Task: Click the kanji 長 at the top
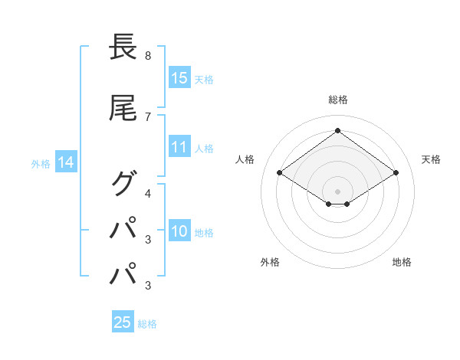point(123,47)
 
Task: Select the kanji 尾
point(123,108)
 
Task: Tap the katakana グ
point(123,183)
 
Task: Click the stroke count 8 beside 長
point(147,56)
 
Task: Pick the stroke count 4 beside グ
point(147,193)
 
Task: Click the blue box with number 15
point(179,77)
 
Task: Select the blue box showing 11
point(179,147)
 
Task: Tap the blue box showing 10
point(179,231)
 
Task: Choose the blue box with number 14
point(65,162)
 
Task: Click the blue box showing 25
point(123,322)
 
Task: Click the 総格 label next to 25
point(147,324)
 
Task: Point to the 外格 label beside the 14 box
point(40,163)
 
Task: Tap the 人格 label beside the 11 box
point(204,148)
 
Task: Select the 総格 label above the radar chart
point(337,100)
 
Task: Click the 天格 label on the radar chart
point(431,159)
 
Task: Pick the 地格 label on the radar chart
point(402,262)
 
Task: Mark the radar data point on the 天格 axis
point(396,173)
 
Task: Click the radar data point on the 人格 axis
point(280,173)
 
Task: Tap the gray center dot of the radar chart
point(337,190)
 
